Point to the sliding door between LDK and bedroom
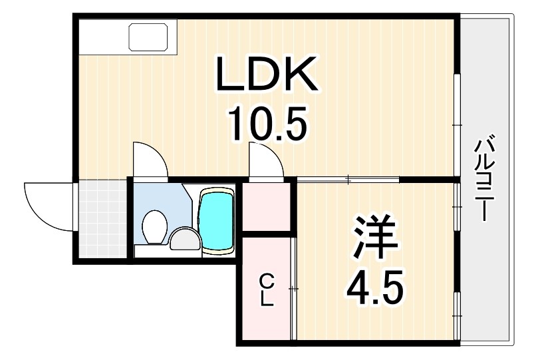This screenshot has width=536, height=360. [348, 179]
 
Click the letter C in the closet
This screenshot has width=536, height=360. [266, 278]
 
